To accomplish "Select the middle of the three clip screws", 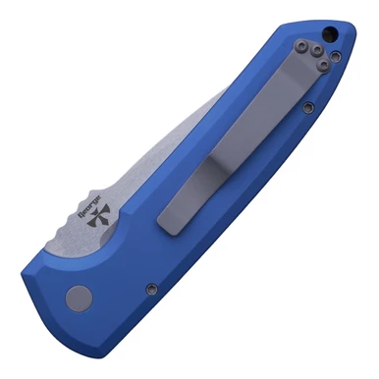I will click(316, 51).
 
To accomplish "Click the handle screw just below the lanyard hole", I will click(337, 57).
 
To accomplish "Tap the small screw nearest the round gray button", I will click(150, 288).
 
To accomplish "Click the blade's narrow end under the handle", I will click(220, 93).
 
